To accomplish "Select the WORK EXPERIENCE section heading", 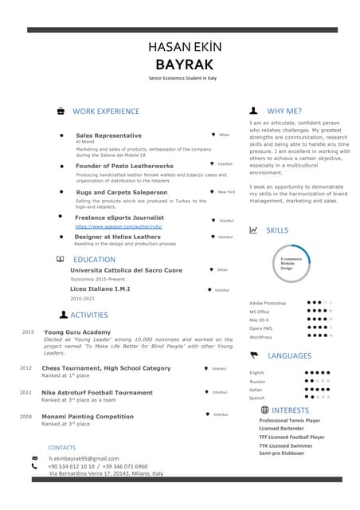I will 105,112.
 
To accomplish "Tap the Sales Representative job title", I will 108,135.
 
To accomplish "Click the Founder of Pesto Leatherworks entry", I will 124,166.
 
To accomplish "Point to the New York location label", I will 226,192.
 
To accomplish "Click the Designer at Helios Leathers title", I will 117,237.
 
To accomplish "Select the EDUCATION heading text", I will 94,260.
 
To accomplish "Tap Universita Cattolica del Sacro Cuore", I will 126,270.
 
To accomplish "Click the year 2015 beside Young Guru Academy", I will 28,331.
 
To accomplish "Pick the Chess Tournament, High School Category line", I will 106,368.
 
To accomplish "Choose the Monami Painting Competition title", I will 88,416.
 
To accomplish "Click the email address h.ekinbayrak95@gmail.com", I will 84,459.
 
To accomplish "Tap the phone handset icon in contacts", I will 34,466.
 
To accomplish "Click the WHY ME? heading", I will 284,112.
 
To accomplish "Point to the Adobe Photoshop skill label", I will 267,304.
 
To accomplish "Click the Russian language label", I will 257,382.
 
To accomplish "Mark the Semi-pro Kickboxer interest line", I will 282,453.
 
